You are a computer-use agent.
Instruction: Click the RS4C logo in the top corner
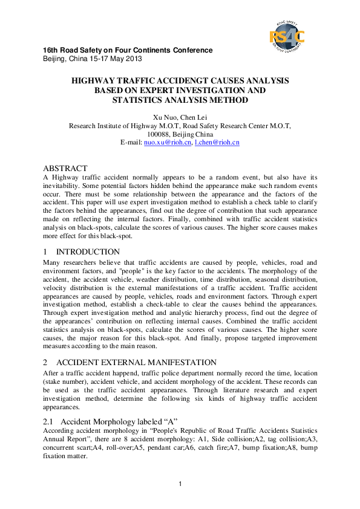pyautogui.click(x=287, y=37)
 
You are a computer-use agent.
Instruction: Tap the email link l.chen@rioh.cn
pyautogui.click(x=217, y=143)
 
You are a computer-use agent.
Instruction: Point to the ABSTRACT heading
pyautogui.click(x=65, y=167)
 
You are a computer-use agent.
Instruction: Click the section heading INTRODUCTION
pyautogui.click(x=88, y=251)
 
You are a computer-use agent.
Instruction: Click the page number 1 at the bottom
pyautogui.click(x=180, y=484)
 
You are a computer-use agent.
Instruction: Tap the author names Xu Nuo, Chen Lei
pyautogui.click(x=180, y=117)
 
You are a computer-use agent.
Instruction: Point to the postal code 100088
pyautogui.click(x=159, y=134)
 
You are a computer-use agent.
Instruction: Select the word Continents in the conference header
pyautogui.click(x=154, y=50)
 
